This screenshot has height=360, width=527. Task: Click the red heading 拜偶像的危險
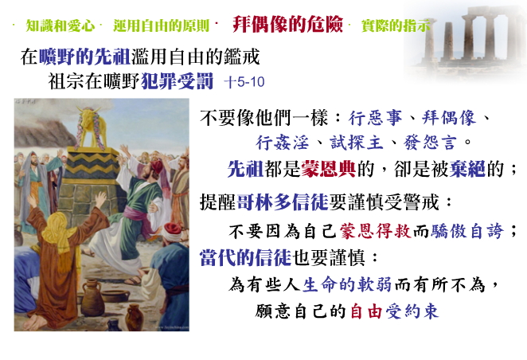click(287, 24)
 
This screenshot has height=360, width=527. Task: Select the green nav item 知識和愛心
click(61, 25)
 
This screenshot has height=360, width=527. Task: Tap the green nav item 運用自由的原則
click(162, 25)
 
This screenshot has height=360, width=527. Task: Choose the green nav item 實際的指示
click(396, 25)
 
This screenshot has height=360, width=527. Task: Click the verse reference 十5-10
click(244, 82)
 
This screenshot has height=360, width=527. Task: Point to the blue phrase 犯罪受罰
click(177, 81)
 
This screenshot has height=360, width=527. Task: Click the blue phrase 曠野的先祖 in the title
click(84, 57)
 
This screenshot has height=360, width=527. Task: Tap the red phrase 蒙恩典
click(328, 168)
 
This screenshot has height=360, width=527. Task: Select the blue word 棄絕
click(467, 168)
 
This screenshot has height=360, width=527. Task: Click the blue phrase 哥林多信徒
click(283, 202)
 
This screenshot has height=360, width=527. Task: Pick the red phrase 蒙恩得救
click(376, 231)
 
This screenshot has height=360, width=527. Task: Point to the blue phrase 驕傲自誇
click(467, 231)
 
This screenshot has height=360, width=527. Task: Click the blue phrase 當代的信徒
click(245, 258)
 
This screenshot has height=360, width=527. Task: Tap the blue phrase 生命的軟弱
click(347, 285)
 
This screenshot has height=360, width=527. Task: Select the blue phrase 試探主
click(357, 143)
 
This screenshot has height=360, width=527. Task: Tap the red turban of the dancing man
click(157, 166)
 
